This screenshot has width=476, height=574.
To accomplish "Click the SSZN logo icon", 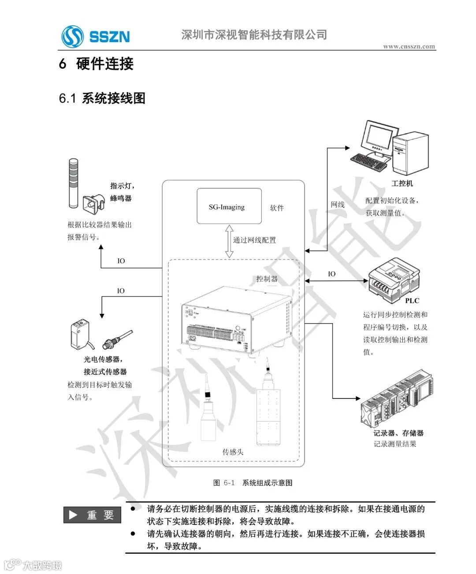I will coord(72,36).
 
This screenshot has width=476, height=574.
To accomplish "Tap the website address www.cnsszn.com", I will coord(409,46).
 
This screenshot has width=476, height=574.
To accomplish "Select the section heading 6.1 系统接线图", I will coord(102,98).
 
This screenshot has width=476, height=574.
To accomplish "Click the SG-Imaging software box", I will coord(229,206).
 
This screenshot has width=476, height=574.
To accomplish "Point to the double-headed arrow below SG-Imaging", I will coord(229,241).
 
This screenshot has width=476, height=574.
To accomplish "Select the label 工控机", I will coord(402,184).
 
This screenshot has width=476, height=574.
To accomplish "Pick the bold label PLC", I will coord(412,301).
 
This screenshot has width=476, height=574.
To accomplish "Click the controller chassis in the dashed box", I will coord(237,321).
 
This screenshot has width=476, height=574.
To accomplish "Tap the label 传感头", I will coord(233,452).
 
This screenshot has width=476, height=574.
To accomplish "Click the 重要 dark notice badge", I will coord(92,515).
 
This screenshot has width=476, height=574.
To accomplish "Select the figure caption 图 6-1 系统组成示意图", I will coord(253,483).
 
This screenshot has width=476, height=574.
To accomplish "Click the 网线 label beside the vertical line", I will coord(338,205).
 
